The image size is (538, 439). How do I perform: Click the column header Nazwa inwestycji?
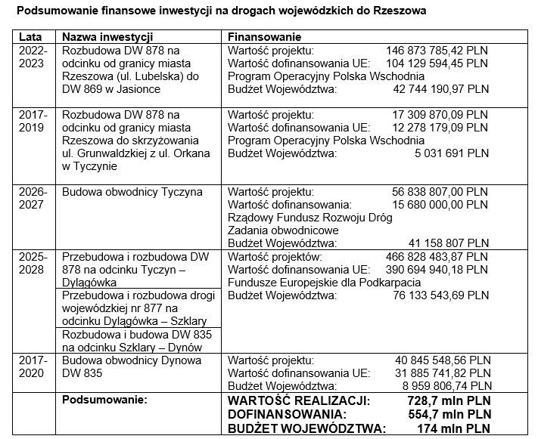tap(107, 37)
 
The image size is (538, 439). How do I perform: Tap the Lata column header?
tap(30, 37)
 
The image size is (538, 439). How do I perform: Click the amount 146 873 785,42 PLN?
tap(437, 50)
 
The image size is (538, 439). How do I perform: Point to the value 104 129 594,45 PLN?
tap(437, 63)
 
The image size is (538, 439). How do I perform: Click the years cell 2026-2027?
tap(33, 199)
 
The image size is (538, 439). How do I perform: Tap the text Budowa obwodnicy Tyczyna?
tap(132, 192)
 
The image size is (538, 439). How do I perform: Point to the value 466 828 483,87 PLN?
tap(437, 257)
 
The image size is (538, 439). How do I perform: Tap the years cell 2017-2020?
tap(33, 366)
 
